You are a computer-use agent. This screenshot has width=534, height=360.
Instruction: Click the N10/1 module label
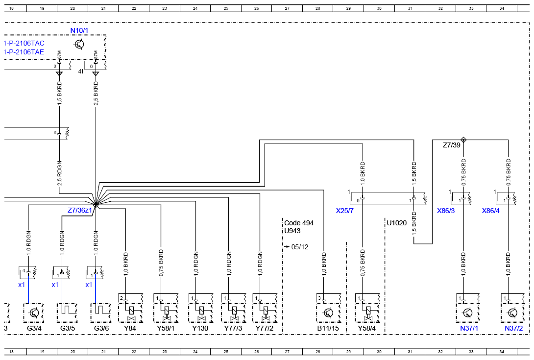tap(79, 30)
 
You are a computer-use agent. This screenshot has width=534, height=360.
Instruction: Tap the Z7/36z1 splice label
tap(80, 210)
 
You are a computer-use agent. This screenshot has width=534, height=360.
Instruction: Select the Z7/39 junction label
tap(451, 145)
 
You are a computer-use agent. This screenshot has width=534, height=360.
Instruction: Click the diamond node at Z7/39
tap(463, 140)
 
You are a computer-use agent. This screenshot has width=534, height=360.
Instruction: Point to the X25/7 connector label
tap(344, 211)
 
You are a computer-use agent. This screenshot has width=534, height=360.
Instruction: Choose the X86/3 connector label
tap(446, 211)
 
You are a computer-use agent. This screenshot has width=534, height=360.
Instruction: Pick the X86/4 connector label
tap(491, 211)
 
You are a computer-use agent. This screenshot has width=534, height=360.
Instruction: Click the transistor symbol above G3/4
tap(34, 312)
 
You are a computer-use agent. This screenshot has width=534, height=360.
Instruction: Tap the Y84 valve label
tap(130, 328)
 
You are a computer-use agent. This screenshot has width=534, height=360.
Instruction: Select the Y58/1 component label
tap(166, 328)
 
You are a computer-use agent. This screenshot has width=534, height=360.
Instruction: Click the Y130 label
tap(200, 328)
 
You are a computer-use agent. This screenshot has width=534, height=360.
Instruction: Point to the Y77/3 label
tap(233, 328)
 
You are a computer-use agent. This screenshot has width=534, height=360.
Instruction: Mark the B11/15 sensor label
tap(328, 328)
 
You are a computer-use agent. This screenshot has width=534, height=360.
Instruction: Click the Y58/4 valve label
tap(367, 328)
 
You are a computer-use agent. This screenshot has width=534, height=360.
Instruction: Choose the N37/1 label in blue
tap(469, 328)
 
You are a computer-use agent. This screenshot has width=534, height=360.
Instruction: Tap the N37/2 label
tap(513, 328)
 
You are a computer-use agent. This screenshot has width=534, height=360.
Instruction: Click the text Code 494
tap(299, 223)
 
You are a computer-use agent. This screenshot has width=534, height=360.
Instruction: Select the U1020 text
tap(397, 223)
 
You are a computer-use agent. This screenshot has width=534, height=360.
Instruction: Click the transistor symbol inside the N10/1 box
tap(79, 44)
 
